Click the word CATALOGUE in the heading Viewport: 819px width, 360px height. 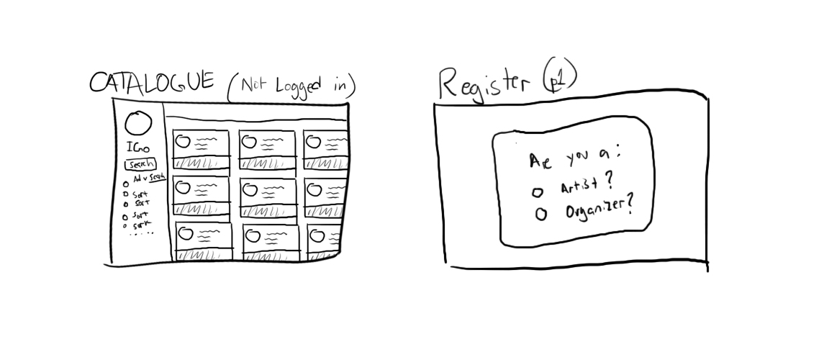[151, 81]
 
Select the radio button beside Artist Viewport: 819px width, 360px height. [537, 193]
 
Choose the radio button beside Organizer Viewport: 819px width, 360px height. [540, 214]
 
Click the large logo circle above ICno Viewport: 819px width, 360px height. [137, 125]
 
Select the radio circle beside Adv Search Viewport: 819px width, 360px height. [125, 183]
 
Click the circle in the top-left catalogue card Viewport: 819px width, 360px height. [182, 140]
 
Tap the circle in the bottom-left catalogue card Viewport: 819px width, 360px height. [185, 234]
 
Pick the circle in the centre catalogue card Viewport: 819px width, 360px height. [250, 189]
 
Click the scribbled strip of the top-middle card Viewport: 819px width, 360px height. [267, 163]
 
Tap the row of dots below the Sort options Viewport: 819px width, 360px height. [142, 233]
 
